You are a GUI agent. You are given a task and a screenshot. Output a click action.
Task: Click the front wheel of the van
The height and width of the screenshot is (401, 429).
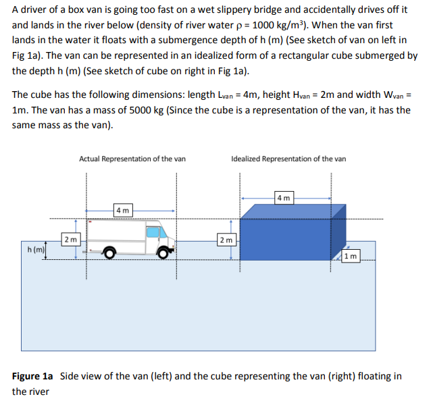163,252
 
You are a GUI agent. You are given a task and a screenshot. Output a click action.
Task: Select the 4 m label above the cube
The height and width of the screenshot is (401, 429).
284,198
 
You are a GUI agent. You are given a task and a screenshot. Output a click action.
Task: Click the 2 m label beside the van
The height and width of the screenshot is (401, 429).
70,239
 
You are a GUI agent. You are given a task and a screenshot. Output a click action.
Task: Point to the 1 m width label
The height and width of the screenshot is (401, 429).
351,256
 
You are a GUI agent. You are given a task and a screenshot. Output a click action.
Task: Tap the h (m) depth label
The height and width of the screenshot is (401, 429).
36,249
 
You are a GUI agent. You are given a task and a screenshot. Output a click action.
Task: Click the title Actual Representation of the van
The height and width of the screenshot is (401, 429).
132,159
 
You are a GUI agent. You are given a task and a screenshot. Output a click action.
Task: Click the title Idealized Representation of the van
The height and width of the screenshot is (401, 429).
288,159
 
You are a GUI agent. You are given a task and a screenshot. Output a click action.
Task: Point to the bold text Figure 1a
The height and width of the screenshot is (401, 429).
33,376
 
